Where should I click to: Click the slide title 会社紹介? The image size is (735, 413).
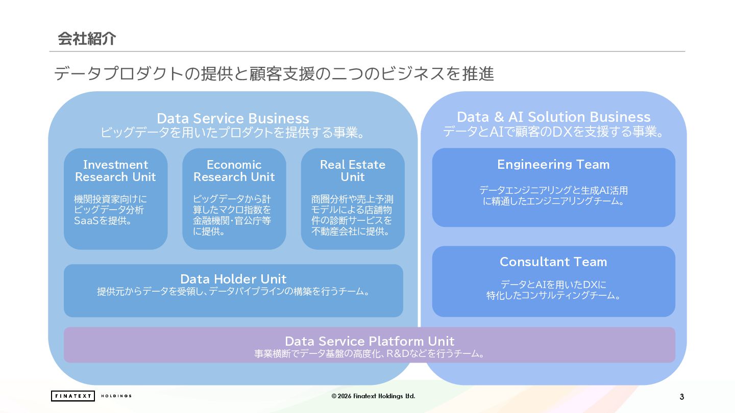click(87, 39)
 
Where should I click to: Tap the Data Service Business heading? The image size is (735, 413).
click(233, 118)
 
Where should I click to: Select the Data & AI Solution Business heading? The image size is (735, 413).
click(553, 117)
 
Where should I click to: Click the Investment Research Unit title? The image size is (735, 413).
click(115, 171)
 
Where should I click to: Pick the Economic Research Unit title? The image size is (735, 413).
click(234, 171)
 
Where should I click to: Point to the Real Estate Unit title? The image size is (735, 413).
click(352, 171)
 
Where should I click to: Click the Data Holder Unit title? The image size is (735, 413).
click(233, 279)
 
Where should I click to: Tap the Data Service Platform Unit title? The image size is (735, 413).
click(369, 341)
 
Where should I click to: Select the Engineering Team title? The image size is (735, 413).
click(553, 164)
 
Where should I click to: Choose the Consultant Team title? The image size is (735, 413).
click(553, 262)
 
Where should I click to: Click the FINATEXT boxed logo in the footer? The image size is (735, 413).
click(72, 396)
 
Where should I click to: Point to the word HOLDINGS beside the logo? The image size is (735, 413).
click(116, 396)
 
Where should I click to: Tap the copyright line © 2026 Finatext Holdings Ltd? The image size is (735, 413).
click(373, 396)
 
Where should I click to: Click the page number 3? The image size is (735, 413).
click(682, 397)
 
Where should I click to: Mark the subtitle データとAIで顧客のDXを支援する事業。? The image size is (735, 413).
click(553, 132)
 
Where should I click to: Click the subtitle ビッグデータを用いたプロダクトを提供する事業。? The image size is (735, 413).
click(233, 133)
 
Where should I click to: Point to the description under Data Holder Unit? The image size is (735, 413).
click(233, 292)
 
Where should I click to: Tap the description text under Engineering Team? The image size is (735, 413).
click(553, 196)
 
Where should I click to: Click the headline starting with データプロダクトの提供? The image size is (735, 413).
click(274, 74)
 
